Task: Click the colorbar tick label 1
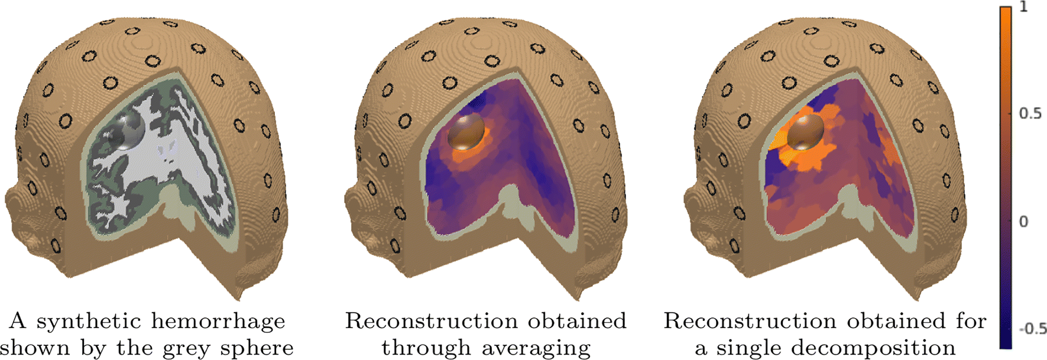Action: pos(1023,7)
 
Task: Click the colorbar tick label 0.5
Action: pos(1030,113)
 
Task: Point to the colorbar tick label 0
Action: pos(1023,222)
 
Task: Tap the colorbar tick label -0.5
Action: pos(1032,329)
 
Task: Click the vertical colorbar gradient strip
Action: pos(1005,177)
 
